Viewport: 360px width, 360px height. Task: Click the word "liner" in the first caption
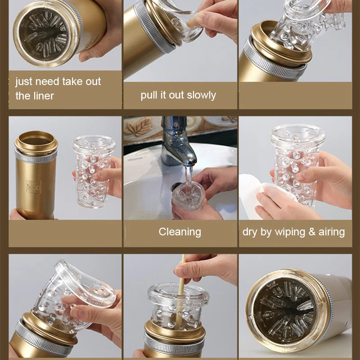44,96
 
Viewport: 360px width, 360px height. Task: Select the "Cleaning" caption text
180,232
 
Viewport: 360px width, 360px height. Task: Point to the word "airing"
332,232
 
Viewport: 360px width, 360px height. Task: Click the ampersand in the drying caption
312,232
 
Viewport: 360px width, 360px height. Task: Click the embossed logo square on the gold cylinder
34,187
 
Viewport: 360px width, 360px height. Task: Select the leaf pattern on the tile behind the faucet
139,127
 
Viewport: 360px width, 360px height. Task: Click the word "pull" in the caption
149,95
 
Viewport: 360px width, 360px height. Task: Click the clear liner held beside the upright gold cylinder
94,171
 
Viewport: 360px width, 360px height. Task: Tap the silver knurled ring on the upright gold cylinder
36,157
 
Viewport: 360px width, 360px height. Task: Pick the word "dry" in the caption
250,232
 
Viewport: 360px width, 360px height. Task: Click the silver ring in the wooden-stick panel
174,344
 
